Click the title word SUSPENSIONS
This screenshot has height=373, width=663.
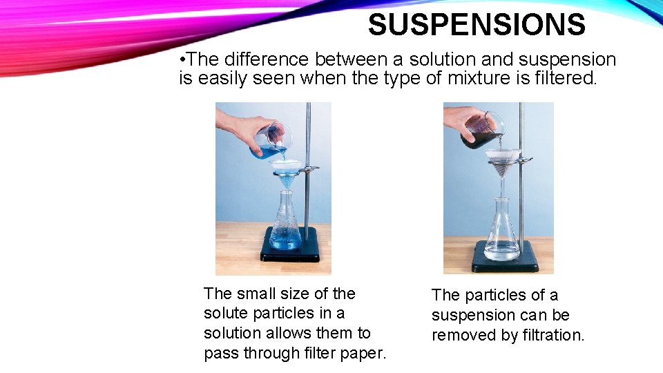pyautogui.click(x=477, y=26)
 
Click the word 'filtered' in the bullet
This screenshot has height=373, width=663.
pyautogui.click(x=564, y=79)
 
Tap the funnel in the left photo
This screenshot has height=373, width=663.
pyautogui.click(x=287, y=170)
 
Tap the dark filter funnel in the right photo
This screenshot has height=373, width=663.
pyautogui.click(x=503, y=163)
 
